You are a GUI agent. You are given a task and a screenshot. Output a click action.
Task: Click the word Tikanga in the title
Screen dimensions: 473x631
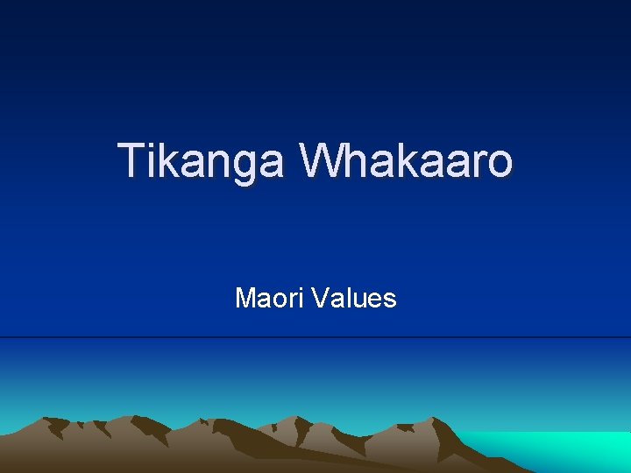(202, 162)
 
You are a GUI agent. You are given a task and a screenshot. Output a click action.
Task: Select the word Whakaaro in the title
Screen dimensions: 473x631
(406, 162)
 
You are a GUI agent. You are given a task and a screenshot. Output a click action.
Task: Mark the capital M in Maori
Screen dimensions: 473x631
(245, 299)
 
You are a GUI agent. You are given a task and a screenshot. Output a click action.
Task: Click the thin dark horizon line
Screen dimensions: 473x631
(315, 337)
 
